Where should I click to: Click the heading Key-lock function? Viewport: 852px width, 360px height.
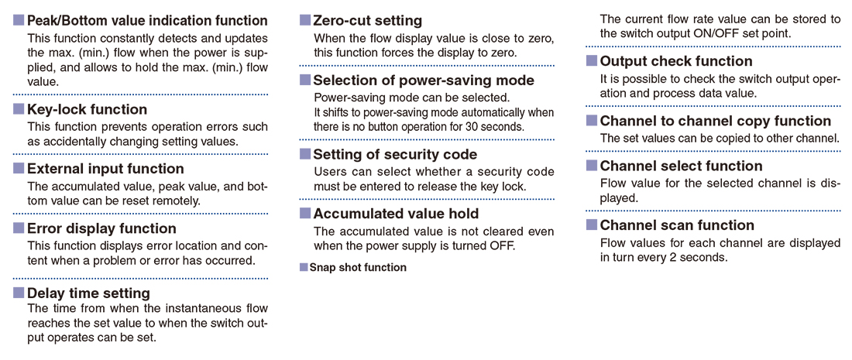(87, 110)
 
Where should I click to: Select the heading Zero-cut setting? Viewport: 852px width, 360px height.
(368, 21)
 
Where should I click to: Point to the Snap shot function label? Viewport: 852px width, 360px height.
(358, 268)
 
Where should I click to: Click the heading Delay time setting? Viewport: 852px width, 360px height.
(88, 293)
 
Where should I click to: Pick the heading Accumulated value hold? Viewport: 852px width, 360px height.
(396, 214)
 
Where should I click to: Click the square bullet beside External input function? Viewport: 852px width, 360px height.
(19, 169)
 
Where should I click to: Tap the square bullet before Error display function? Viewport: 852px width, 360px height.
(19, 228)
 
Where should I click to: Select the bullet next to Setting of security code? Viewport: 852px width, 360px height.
(305, 154)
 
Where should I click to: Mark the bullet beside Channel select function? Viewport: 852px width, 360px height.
(592, 166)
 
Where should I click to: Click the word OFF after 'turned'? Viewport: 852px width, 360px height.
(503, 245)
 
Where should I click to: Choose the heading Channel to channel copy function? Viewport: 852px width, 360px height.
(716, 121)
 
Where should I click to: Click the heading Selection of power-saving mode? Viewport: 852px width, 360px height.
(424, 81)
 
